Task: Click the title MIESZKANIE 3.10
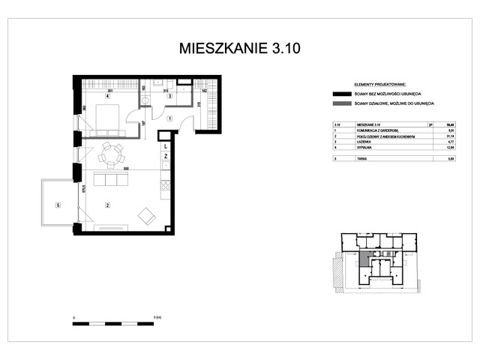point(240,49)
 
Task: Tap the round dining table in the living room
point(113,154)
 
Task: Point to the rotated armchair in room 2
point(145,216)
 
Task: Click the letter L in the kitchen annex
point(165,147)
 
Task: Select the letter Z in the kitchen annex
point(165,156)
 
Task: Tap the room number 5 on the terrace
point(56,205)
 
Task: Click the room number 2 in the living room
point(107,205)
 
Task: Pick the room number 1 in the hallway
point(170,118)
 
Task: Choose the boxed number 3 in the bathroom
point(170,96)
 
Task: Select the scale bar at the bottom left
point(113,323)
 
